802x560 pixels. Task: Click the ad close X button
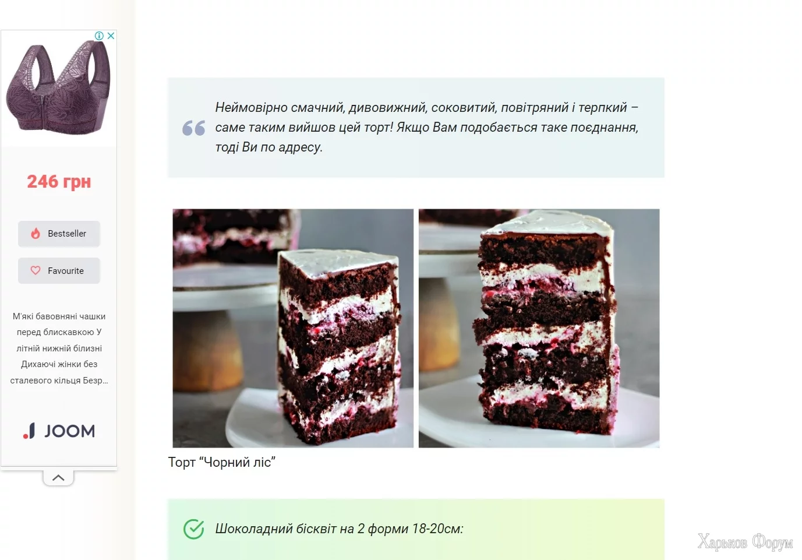pos(111,36)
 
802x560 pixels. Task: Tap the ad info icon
pos(99,36)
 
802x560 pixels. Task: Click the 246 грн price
pos(59,182)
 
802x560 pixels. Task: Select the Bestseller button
pos(59,234)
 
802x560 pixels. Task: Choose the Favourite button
pos(59,270)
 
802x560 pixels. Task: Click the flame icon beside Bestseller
pos(36,233)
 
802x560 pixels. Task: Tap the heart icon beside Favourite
pos(36,270)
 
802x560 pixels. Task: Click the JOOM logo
pos(59,431)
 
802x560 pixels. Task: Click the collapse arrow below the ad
pos(58,478)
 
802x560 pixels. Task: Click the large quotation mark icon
pos(194,128)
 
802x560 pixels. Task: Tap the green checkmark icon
pos(194,529)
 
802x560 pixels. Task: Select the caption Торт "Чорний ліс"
pos(222,462)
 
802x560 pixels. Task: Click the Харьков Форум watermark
pos(745,542)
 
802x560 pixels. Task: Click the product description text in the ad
pos(59,348)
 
